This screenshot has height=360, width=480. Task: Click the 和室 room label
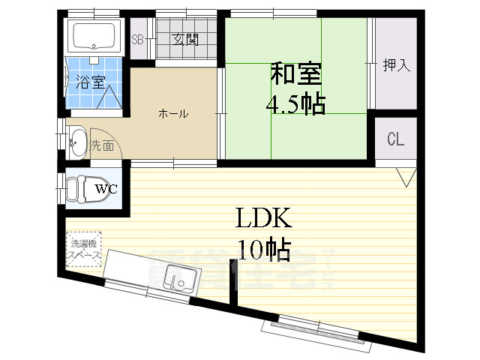click(x=296, y=74)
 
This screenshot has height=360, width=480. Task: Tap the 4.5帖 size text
click(x=295, y=103)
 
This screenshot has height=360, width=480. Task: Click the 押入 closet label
click(x=396, y=65)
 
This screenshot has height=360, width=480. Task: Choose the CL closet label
click(x=395, y=139)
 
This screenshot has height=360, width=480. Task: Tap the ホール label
click(x=173, y=114)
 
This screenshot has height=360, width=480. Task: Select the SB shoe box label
click(x=138, y=40)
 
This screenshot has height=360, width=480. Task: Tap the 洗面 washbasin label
click(x=102, y=145)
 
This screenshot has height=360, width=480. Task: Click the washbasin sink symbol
click(x=77, y=142)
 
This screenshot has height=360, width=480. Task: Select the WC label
click(x=105, y=189)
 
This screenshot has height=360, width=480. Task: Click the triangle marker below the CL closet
click(x=406, y=178)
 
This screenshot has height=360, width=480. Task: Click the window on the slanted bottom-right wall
click(x=316, y=329)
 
